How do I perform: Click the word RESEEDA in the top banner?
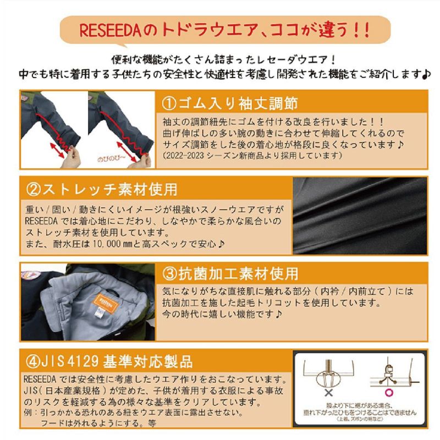(110, 31)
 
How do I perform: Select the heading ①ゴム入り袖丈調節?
(229, 103)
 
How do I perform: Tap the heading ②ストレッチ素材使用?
(102, 189)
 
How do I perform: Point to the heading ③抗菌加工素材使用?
(230, 273)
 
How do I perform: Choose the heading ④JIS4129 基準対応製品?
(109, 361)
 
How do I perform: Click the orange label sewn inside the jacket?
(106, 303)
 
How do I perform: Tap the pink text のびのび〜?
(112, 159)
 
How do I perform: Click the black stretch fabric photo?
(360, 216)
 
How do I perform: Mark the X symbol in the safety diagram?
(328, 393)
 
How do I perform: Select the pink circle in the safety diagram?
(389, 393)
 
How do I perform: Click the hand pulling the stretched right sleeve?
(140, 161)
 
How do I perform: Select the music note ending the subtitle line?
(426, 74)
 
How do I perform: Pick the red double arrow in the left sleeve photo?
(57, 150)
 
